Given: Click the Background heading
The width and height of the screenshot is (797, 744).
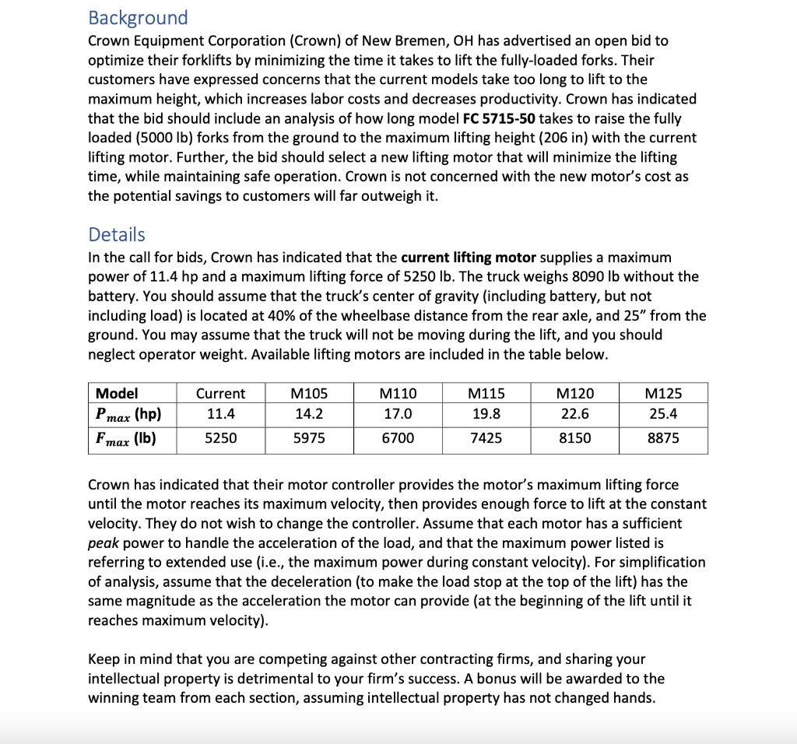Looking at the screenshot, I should [x=138, y=17].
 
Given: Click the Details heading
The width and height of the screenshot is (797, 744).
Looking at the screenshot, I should [x=117, y=234].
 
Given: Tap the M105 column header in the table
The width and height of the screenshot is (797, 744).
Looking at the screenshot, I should [x=309, y=394].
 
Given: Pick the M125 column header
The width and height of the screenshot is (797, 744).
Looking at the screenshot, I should [x=663, y=394].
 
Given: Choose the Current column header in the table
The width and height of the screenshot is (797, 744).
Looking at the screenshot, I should [x=220, y=394].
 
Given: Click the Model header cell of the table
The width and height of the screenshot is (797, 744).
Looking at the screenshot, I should [x=117, y=394].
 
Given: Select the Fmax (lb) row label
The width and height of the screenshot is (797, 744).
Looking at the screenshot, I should [x=125, y=438].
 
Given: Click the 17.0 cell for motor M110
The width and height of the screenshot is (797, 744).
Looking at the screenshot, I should [x=398, y=414].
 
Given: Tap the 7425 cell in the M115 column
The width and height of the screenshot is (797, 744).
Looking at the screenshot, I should [x=486, y=438].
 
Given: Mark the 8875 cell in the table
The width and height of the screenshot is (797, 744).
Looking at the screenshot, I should [x=663, y=438].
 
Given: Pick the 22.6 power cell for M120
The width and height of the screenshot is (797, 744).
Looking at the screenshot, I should [x=574, y=414].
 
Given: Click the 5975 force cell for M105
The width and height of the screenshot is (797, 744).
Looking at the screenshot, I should [x=309, y=438].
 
